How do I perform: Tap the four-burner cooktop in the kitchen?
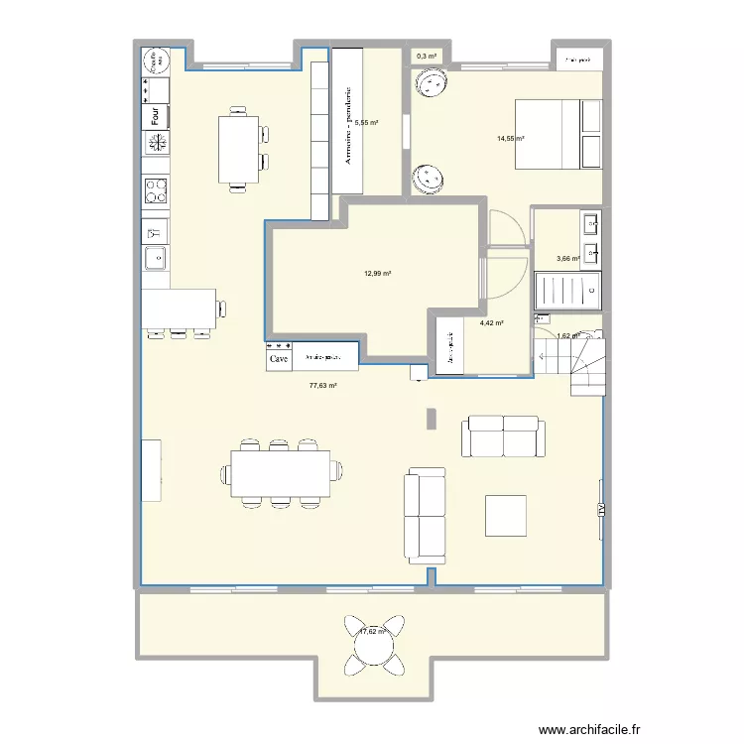(156, 188)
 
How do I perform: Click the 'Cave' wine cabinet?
(278, 360)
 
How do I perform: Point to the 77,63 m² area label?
(323, 387)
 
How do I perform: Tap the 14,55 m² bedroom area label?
(511, 139)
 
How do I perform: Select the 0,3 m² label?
(427, 57)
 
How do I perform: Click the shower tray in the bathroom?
(566, 290)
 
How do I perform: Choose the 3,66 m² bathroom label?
(567, 259)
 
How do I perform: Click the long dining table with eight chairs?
(281, 473)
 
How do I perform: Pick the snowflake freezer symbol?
(156, 144)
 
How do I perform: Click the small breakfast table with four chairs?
(239, 149)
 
